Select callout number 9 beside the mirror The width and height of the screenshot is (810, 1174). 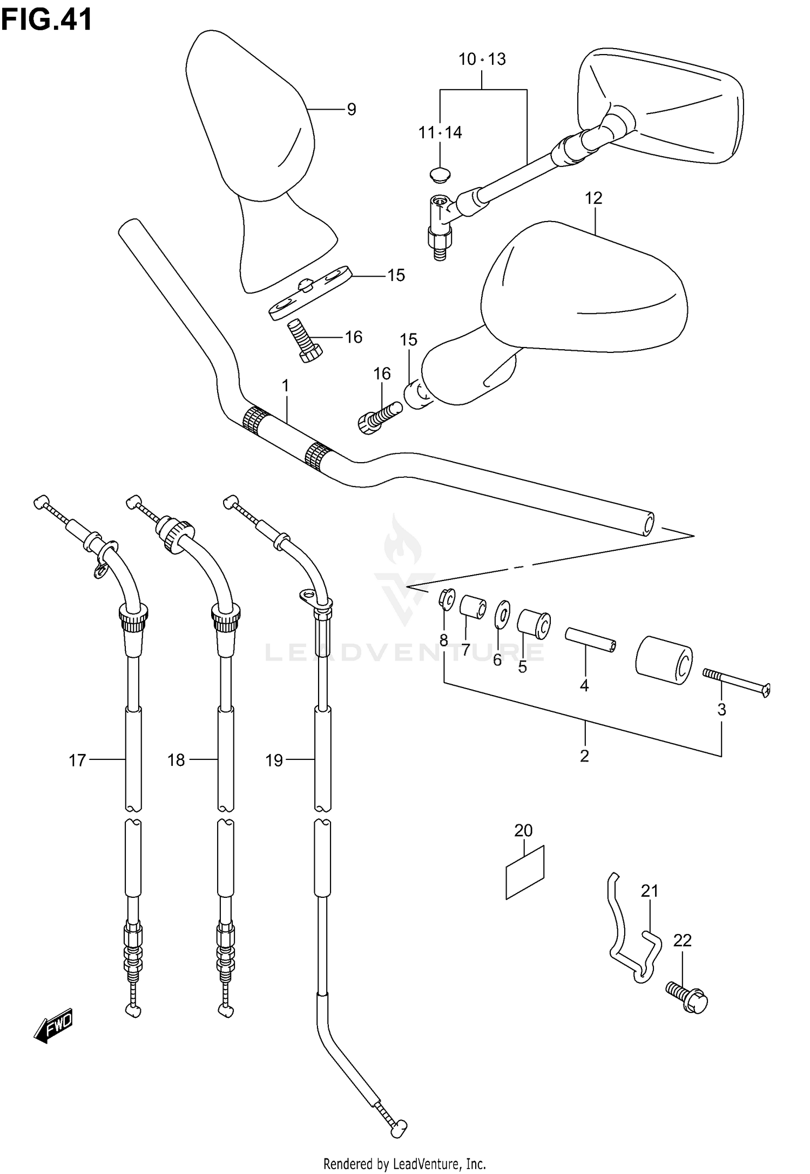tap(352, 110)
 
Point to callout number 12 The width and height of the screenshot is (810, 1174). tap(593, 198)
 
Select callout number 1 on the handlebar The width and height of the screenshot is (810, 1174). tap(285, 386)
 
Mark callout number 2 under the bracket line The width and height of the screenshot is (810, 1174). tap(584, 756)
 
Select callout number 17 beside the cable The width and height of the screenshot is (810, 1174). tap(77, 761)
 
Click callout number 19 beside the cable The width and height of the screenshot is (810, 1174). tap(274, 761)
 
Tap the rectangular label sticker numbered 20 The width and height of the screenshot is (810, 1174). tap(524, 872)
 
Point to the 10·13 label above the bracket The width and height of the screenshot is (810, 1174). tap(482, 59)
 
